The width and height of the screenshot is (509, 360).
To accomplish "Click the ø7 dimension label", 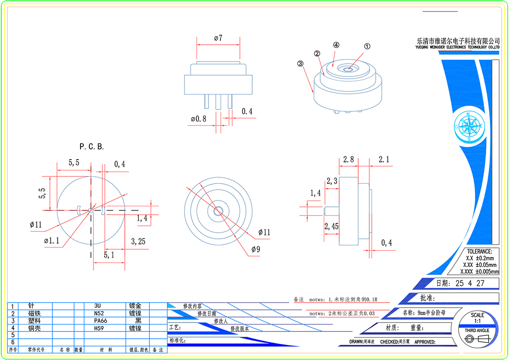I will point(218,38).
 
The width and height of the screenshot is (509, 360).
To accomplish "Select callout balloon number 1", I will point(367,46).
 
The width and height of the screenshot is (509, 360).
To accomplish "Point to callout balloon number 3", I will point(300,64).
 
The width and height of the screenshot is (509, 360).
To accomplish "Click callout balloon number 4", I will point(336,45).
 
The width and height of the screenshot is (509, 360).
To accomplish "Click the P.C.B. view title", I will point(92,147).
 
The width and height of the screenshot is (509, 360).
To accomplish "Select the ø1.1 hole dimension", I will point(52,241).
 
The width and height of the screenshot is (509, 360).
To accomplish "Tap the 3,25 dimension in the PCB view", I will point(138,241).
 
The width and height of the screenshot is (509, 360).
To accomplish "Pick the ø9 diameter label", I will point(256,249).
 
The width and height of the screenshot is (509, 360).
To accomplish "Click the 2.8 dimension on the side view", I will point(348,160).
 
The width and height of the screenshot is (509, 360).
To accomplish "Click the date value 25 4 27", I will point(470,283).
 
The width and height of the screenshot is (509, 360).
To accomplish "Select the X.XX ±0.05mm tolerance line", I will point(479,265).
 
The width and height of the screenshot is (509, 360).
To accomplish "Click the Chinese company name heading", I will point(458,41).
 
